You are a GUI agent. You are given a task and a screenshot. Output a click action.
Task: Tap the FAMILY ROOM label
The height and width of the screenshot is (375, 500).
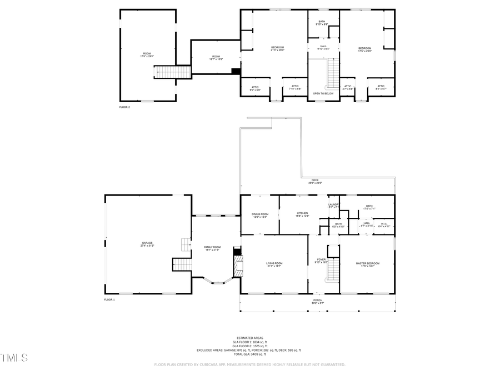tap(212, 248)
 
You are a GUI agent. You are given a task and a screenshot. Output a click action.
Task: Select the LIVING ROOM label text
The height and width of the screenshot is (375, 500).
tap(274, 264)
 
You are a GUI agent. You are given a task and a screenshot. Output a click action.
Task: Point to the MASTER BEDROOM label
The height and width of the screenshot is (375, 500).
tap(367, 264)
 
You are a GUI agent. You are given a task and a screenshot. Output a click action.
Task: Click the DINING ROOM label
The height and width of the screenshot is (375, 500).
tap(260, 215)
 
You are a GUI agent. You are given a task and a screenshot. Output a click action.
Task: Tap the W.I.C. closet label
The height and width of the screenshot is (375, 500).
tap(384, 224)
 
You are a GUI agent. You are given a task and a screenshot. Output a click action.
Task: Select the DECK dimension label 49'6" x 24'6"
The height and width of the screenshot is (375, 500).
tap(315, 182)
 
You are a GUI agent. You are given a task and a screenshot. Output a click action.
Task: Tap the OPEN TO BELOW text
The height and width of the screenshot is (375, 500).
tap(323, 93)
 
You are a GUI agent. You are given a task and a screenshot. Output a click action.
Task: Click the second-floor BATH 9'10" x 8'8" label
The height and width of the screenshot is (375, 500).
tap(322, 23)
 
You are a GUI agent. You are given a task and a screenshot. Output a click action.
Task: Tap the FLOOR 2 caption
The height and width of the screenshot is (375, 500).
tap(124, 107)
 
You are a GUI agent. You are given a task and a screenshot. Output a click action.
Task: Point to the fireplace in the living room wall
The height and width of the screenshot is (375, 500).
tap(238, 265)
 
